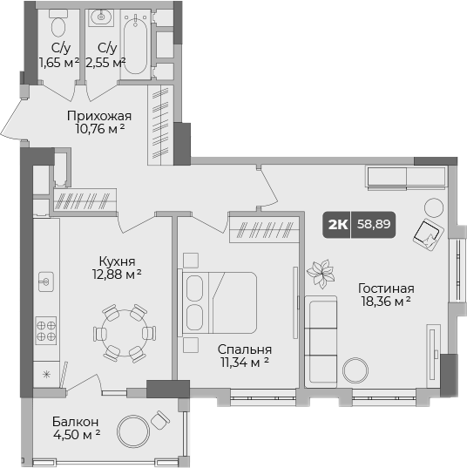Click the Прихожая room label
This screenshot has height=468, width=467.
[99, 115]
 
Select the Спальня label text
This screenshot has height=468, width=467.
[238, 349]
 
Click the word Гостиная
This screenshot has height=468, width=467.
[385, 288]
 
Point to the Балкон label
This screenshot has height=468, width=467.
[70, 418]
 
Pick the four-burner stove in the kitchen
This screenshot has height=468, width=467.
[46, 330]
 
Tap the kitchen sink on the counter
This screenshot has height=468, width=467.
[46, 282]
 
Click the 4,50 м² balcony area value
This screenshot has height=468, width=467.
[75, 432]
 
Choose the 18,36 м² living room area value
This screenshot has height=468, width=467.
[384, 302]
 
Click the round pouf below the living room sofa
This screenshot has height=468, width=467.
[355, 370]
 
